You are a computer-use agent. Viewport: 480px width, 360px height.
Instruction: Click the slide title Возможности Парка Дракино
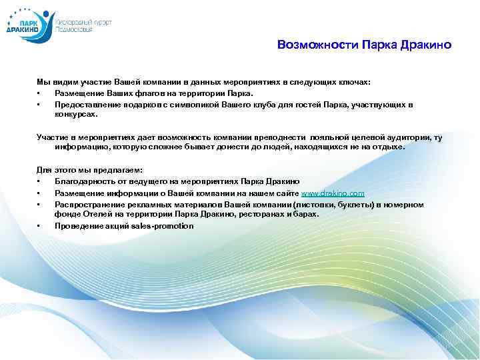[x=364, y=45]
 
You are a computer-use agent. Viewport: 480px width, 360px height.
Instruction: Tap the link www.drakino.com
[x=333, y=192]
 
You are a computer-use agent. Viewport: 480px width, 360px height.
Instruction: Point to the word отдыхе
[x=387, y=147]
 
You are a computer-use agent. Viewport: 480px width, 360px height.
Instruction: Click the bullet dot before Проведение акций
[x=40, y=226]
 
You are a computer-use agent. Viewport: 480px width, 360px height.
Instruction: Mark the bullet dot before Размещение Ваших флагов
[x=40, y=93]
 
